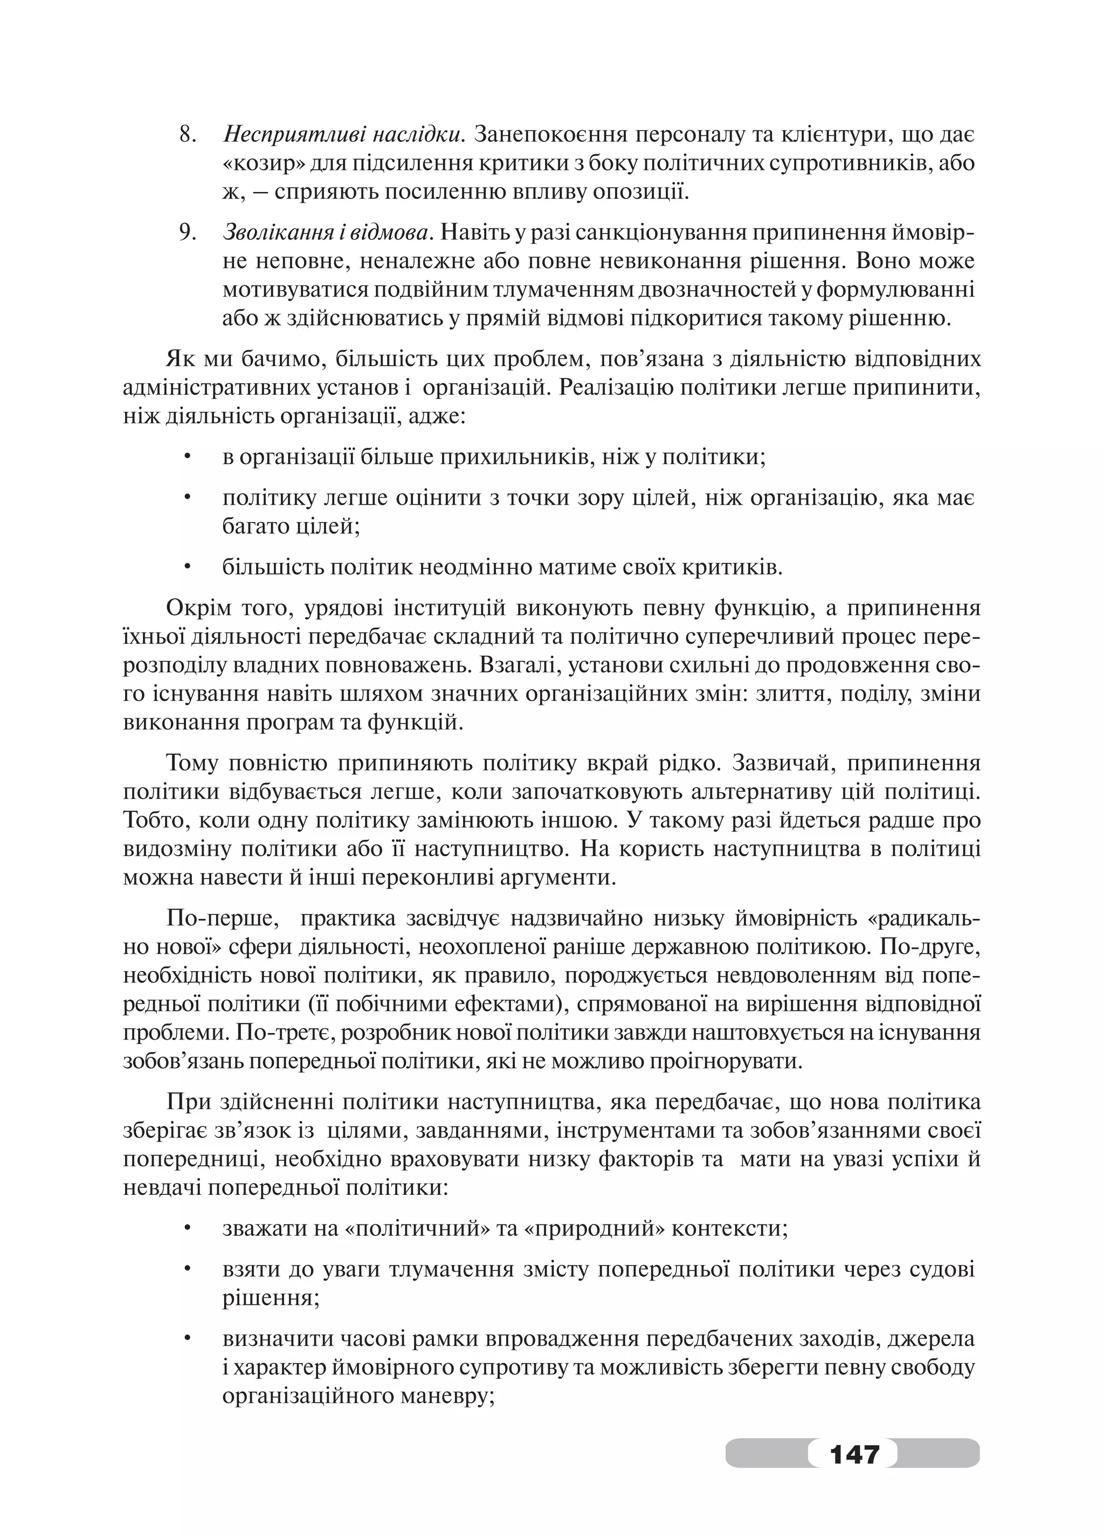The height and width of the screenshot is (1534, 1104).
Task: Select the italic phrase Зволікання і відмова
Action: (326, 233)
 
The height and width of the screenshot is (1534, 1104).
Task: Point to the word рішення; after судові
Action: (271, 1297)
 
